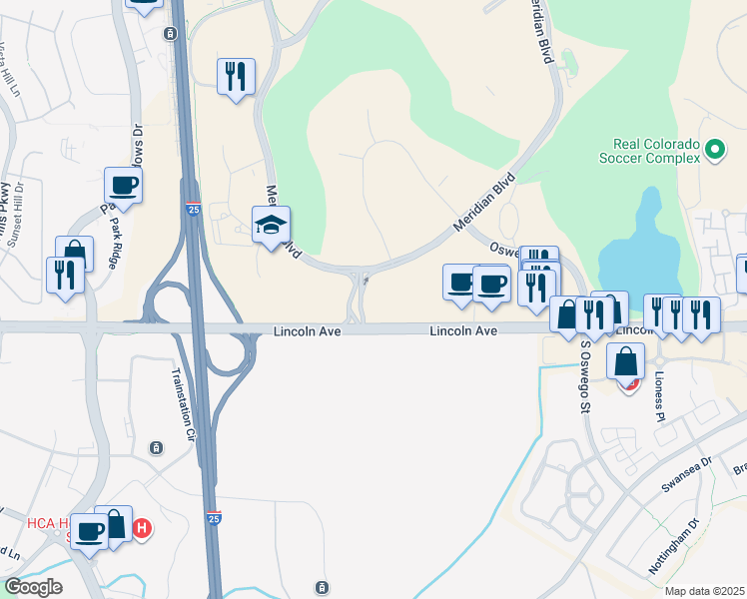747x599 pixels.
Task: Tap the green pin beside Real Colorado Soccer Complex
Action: [714, 150]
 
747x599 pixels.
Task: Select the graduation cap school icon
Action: [271, 225]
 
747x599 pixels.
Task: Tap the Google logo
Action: [33, 587]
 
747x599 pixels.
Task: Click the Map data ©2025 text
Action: [704, 591]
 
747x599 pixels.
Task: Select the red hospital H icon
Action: [142, 528]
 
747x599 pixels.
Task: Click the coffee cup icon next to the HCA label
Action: [89, 530]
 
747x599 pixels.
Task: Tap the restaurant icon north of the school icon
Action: [236, 76]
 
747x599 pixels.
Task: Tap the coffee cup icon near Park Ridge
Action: [123, 185]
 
